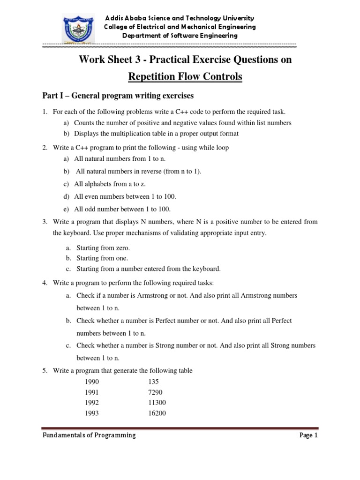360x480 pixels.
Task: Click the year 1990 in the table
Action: tap(92, 382)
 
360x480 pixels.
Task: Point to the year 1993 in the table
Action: tap(92, 413)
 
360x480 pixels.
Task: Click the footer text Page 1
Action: tap(308, 435)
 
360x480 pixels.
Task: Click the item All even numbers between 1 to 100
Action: tap(125, 196)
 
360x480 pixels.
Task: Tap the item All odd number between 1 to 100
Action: tap(122, 209)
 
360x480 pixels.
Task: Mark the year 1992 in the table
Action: tap(92, 403)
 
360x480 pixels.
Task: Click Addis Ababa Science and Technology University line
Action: tap(180, 18)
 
